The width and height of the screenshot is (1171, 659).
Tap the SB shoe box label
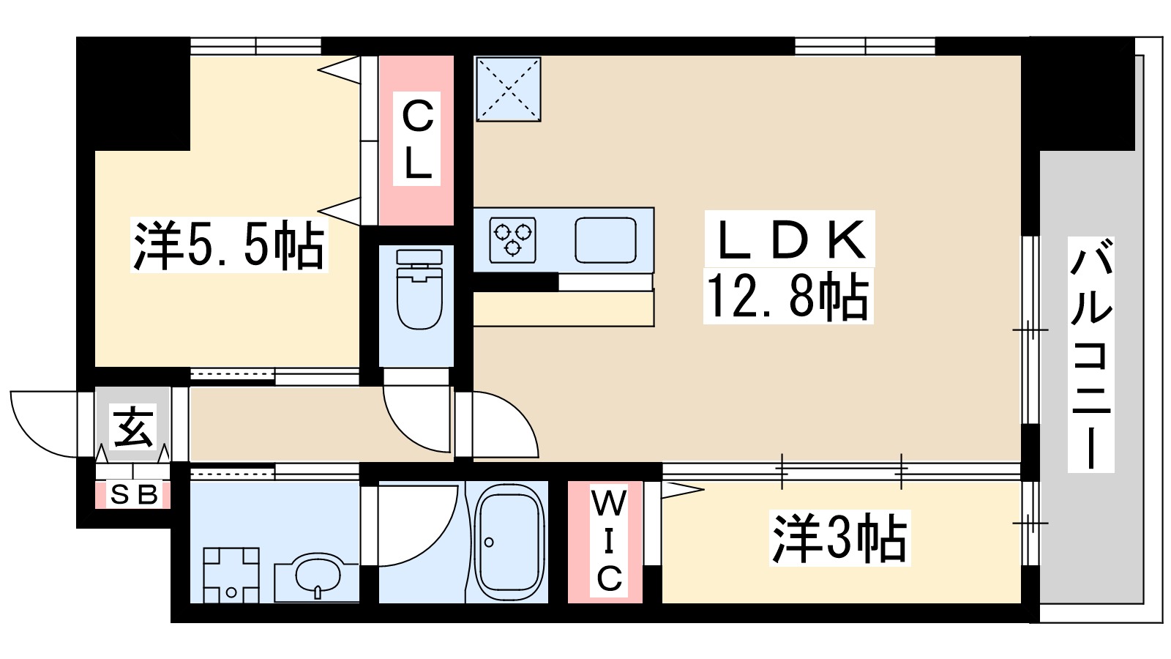[133, 496]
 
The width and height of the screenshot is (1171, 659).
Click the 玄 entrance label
[134, 427]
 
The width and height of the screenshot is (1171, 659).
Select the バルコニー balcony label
[1090, 354]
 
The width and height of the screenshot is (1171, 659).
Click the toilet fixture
[419, 288]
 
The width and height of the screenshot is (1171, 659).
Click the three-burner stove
[513, 239]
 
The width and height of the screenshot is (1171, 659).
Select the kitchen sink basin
[605, 239]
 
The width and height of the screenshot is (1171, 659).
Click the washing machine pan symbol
[231, 575]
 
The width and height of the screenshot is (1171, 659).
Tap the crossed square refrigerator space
[508, 89]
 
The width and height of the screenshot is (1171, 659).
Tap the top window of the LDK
[865, 46]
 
